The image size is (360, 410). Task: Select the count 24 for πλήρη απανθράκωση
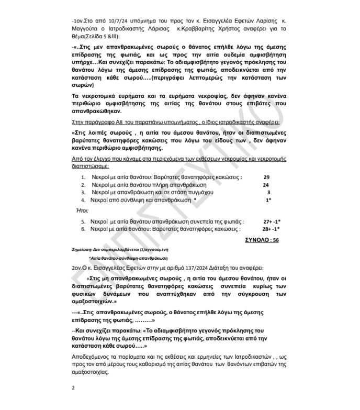tap(266, 185)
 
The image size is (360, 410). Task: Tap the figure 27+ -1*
tap(271, 221)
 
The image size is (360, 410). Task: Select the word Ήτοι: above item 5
tap(82, 210)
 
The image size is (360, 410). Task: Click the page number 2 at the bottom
tap(73, 388)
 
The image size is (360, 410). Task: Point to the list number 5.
tap(83, 221)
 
